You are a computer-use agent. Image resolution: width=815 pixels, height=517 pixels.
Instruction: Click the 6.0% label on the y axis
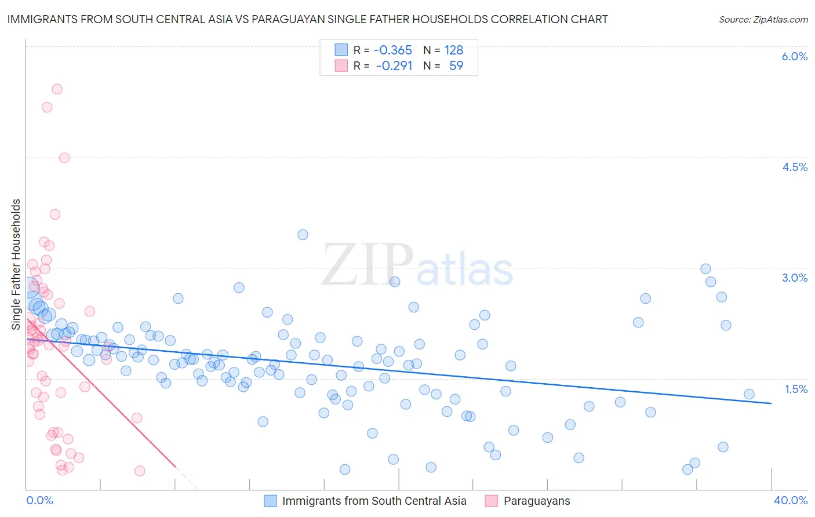pyautogui.click(x=794, y=56)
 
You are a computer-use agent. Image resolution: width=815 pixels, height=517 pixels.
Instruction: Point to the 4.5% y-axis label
pyautogui.click(x=794, y=167)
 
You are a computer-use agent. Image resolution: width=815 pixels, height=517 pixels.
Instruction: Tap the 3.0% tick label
pyautogui.click(x=794, y=278)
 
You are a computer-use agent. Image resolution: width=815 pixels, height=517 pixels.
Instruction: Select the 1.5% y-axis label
pyautogui.click(x=796, y=389)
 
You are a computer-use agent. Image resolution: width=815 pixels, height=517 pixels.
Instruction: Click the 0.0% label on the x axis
pyautogui.click(x=39, y=500)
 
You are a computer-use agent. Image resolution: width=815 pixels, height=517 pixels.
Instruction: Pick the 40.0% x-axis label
pyautogui.click(x=791, y=500)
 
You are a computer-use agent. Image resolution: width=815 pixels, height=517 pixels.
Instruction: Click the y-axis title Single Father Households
pyautogui.click(x=16, y=264)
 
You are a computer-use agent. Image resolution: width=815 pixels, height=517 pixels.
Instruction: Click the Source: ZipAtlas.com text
pyautogui.click(x=763, y=19)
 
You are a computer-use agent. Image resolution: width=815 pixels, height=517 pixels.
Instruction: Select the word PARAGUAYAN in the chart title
pyautogui.click(x=276, y=19)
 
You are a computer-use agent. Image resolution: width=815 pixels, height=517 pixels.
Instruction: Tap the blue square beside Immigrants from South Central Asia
pyautogui.click(x=270, y=501)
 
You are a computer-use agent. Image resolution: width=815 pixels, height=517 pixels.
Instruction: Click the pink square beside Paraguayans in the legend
pyautogui.click(x=492, y=501)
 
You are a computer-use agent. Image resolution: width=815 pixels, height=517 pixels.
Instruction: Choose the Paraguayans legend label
pyautogui.click(x=537, y=501)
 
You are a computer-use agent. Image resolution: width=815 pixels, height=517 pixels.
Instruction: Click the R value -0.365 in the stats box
pyautogui.click(x=392, y=50)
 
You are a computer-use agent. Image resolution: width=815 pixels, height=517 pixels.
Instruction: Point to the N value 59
pyautogui.click(x=456, y=65)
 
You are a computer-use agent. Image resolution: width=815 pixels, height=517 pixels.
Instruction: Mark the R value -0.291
pyautogui.click(x=394, y=65)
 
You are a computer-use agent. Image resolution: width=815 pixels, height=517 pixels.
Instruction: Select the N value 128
pyautogui.click(x=454, y=50)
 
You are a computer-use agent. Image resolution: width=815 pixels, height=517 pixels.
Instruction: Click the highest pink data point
pyautogui.click(x=57, y=89)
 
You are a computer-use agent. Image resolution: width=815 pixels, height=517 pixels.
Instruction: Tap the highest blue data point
pyautogui.click(x=303, y=235)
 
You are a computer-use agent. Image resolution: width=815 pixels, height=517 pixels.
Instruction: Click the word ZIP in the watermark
pyautogui.click(x=368, y=265)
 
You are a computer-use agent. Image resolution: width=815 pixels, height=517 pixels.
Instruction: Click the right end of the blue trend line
pyautogui.click(x=771, y=403)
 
